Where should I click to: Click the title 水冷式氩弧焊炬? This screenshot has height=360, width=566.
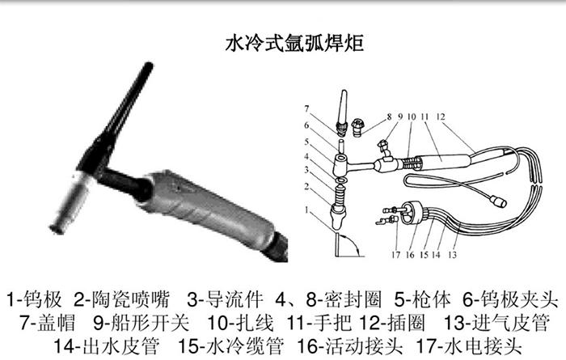pos(282,42)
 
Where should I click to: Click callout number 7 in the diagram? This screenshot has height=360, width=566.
pos(306,108)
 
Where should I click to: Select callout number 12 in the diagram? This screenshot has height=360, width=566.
pos(440,116)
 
